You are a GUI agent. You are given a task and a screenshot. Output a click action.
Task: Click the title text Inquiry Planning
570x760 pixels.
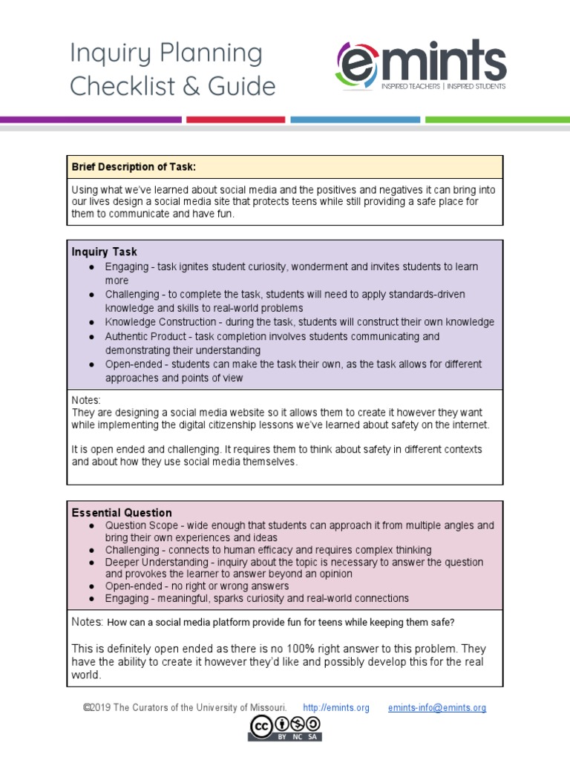166,53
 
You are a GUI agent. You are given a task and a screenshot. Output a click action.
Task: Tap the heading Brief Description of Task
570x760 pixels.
134,167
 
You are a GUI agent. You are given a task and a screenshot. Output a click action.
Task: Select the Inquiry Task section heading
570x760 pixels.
104,252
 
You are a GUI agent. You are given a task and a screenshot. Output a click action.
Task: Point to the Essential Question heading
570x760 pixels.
121,513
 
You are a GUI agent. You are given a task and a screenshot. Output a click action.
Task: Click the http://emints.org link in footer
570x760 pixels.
336,708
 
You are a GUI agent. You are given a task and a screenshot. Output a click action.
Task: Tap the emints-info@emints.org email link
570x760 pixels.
437,708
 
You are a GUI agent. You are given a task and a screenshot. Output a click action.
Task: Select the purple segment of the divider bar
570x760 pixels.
90,119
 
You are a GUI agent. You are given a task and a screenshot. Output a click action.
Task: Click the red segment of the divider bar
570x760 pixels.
235,119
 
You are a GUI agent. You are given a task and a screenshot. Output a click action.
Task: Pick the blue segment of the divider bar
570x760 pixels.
354,119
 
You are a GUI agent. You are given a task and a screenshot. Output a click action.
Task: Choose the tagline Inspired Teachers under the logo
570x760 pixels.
410,87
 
